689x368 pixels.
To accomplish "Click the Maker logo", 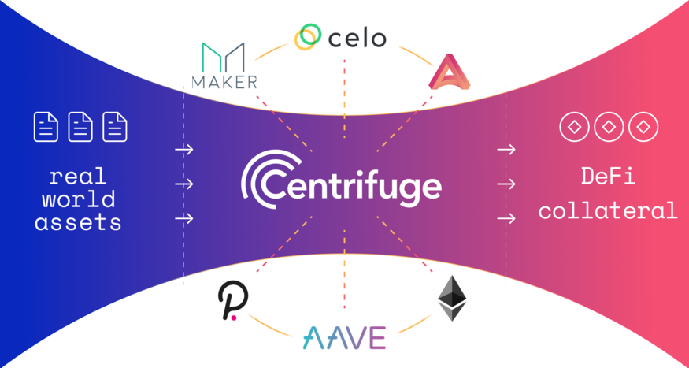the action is click(x=224, y=65).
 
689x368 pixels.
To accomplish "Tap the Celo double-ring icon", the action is click(x=308, y=37).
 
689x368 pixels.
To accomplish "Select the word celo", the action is click(x=357, y=38).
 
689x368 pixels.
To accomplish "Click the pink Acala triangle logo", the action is click(x=449, y=72).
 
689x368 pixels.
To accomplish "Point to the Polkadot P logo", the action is click(x=233, y=300).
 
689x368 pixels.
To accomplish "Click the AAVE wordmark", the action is click(x=344, y=338).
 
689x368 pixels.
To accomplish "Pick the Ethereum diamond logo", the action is click(x=452, y=298).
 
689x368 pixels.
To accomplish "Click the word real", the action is click(x=78, y=177).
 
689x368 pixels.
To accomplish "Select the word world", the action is click(x=79, y=199).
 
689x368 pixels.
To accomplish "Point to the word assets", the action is click(x=78, y=222).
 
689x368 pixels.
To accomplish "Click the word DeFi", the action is click(x=608, y=177).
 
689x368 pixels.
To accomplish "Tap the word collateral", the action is click(x=608, y=210).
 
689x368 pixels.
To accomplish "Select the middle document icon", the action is click(x=80, y=127).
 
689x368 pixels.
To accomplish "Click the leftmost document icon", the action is click(x=46, y=127).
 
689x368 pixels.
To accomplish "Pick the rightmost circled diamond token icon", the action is click(x=643, y=127).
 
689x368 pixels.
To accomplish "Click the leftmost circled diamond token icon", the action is click(x=574, y=127).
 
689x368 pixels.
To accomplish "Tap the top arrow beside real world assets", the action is click(x=184, y=150).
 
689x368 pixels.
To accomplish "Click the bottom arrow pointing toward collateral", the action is click(x=506, y=218).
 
